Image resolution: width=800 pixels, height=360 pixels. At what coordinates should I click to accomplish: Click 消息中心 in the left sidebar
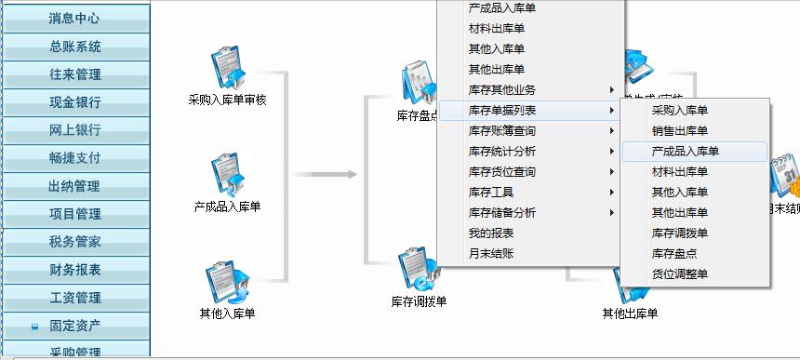point(74,19)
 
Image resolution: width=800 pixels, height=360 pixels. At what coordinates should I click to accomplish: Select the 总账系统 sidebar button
point(74,47)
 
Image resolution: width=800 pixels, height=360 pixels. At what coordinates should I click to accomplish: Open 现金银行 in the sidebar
point(74,102)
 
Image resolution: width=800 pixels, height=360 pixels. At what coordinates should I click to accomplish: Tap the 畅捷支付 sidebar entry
point(74,158)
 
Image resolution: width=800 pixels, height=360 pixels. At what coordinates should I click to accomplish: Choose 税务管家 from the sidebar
point(74,242)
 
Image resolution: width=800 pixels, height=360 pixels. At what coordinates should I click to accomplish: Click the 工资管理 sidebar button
point(74,298)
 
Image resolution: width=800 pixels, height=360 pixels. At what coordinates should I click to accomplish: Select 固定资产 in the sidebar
point(74,326)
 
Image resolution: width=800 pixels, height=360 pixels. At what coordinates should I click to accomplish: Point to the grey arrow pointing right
point(327,174)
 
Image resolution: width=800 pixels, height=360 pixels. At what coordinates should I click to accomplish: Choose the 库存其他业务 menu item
point(502,90)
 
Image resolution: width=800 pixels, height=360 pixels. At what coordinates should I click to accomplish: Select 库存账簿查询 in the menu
point(502,131)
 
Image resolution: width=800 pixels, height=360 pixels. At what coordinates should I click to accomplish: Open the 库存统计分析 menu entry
point(502,152)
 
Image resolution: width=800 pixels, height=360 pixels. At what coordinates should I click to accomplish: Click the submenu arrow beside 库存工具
point(612,193)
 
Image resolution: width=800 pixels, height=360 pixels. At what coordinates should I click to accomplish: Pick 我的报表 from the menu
point(491,233)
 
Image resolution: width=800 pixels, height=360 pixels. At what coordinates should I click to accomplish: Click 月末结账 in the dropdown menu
point(491,254)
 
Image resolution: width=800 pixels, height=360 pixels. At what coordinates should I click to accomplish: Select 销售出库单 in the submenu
point(679,131)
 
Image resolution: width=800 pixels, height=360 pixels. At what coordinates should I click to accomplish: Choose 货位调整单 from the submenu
point(679,274)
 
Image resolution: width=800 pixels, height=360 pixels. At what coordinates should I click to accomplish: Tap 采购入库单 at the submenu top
point(679,111)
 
